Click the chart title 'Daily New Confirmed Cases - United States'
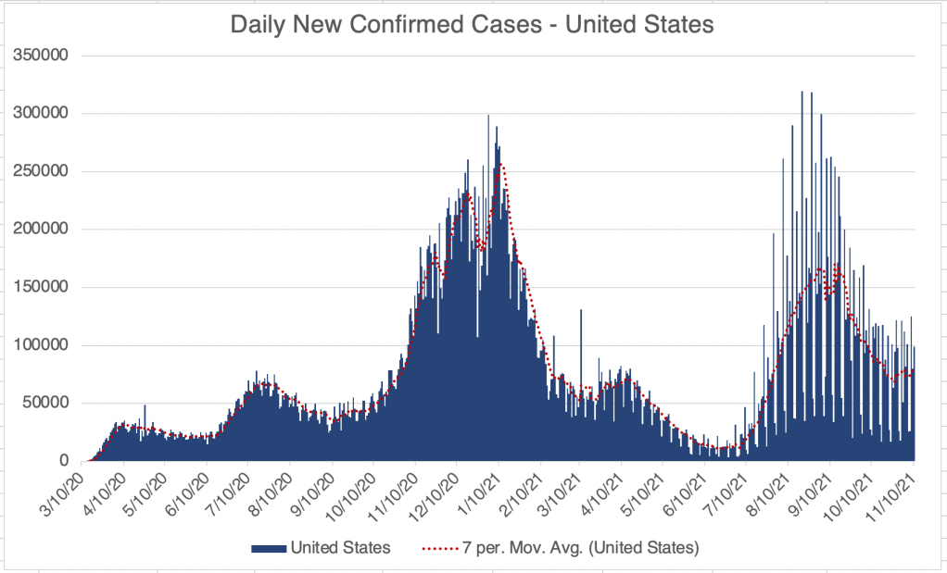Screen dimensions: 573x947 tap(472, 25)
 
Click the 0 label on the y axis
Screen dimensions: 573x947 tap(65, 461)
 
